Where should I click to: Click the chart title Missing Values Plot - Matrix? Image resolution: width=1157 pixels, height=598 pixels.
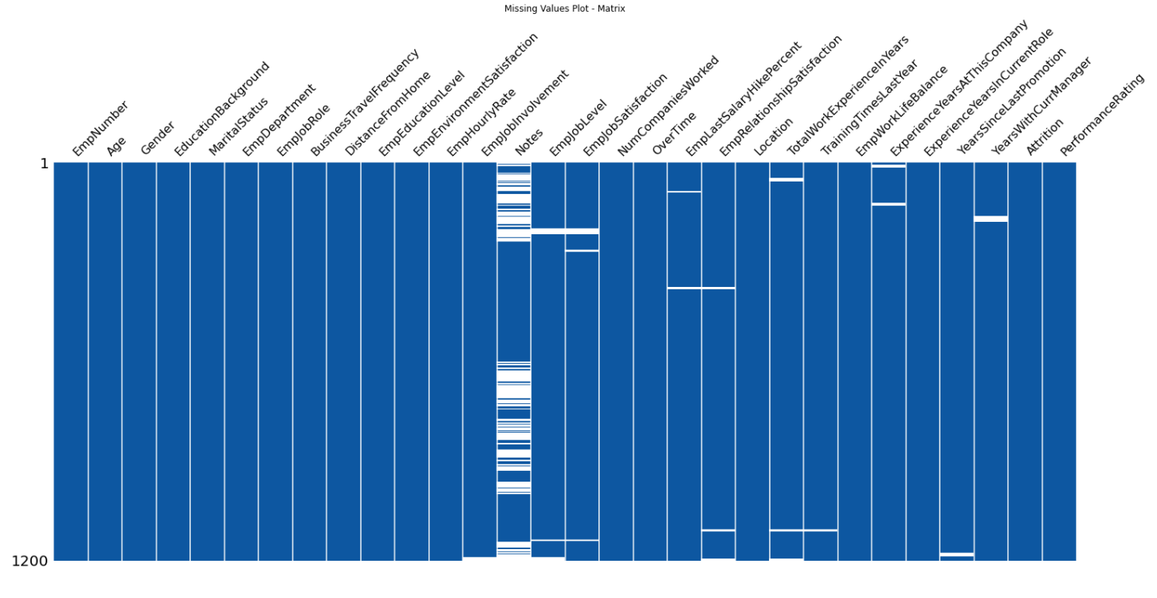(x=564, y=9)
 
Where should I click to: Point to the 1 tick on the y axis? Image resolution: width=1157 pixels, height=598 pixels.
(x=43, y=164)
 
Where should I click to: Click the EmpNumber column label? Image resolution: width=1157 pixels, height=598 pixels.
(x=100, y=128)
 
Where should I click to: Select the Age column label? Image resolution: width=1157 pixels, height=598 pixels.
(x=116, y=146)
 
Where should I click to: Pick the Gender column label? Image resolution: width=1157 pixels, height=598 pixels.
(x=158, y=138)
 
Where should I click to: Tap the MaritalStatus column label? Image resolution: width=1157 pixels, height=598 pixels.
(x=238, y=126)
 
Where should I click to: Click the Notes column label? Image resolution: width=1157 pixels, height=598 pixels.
(x=529, y=142)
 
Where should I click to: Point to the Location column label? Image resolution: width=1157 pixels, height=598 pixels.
(x=774, y=137)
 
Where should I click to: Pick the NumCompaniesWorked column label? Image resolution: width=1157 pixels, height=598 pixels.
(x=668, y=105)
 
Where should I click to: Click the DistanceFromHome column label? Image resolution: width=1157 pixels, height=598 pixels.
(x=388, y=113)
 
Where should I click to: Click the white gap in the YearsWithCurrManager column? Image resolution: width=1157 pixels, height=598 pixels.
(x=991, y=219)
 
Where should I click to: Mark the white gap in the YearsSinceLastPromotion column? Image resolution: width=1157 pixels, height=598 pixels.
(x=957, y=555)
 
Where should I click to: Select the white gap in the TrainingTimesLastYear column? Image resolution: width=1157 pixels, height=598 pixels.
(x=820, y=531)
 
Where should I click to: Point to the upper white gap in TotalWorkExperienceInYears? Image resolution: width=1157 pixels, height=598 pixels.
(x=786, y=179)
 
